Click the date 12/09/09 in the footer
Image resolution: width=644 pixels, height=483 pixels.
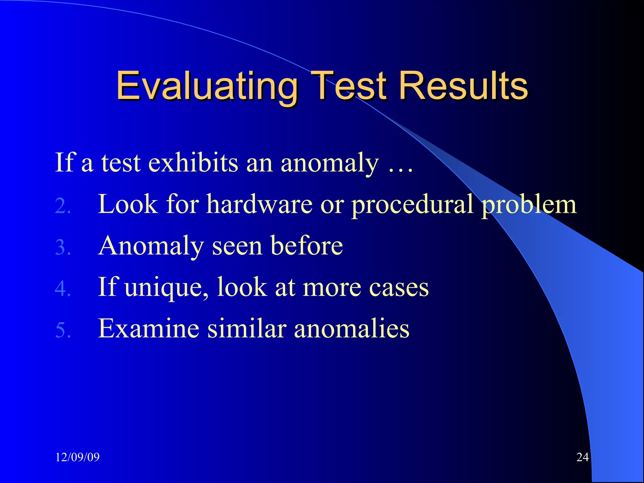[x=77, y=457]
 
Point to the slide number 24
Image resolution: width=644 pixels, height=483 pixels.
[x=582, y=457]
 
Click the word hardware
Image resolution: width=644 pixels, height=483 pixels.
[x=259, y=204]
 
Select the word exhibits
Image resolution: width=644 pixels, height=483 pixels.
[x=193, y=163]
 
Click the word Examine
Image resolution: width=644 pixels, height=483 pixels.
[x=149, y=329]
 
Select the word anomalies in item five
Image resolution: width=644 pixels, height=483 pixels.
[x=352, y=329]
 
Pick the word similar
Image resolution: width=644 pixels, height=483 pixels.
[x=247, y=329]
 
